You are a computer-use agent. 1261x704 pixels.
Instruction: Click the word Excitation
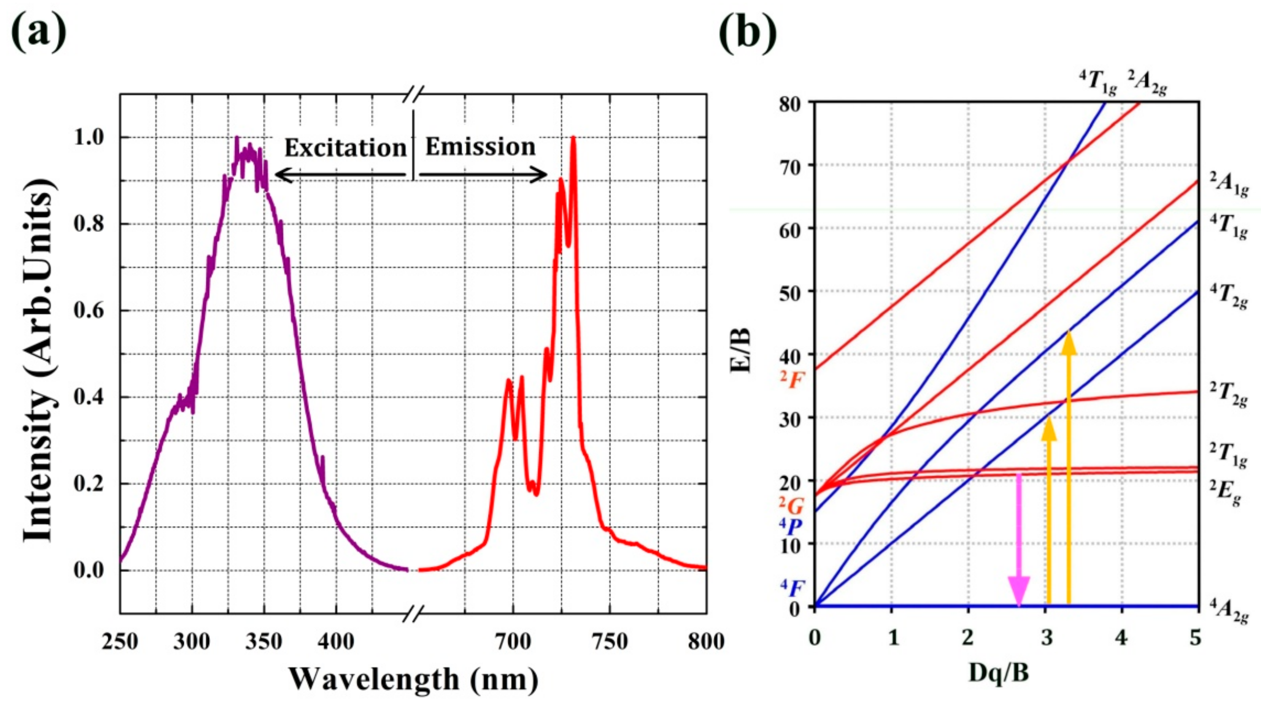coord(346,148)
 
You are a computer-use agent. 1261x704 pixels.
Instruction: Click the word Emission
coord(480,147)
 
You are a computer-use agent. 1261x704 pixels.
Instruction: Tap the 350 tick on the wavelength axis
coord(264,641)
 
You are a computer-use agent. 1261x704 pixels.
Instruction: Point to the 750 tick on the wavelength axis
coord(610,641)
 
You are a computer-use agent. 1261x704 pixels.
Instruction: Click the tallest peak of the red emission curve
coord(573,138)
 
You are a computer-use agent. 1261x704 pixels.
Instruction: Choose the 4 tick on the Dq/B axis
coord(1121,637)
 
